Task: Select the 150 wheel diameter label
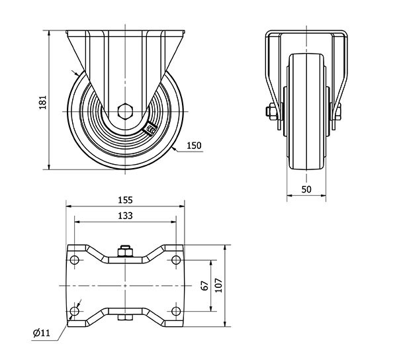pos(193,146)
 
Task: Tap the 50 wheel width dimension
pos(306,189)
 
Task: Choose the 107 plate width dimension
pos(218,285)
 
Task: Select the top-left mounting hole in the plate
pos(75,259)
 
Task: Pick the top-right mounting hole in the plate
pos(176,259)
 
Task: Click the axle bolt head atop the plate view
pos(125,251)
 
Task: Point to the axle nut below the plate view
pos(125,322)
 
